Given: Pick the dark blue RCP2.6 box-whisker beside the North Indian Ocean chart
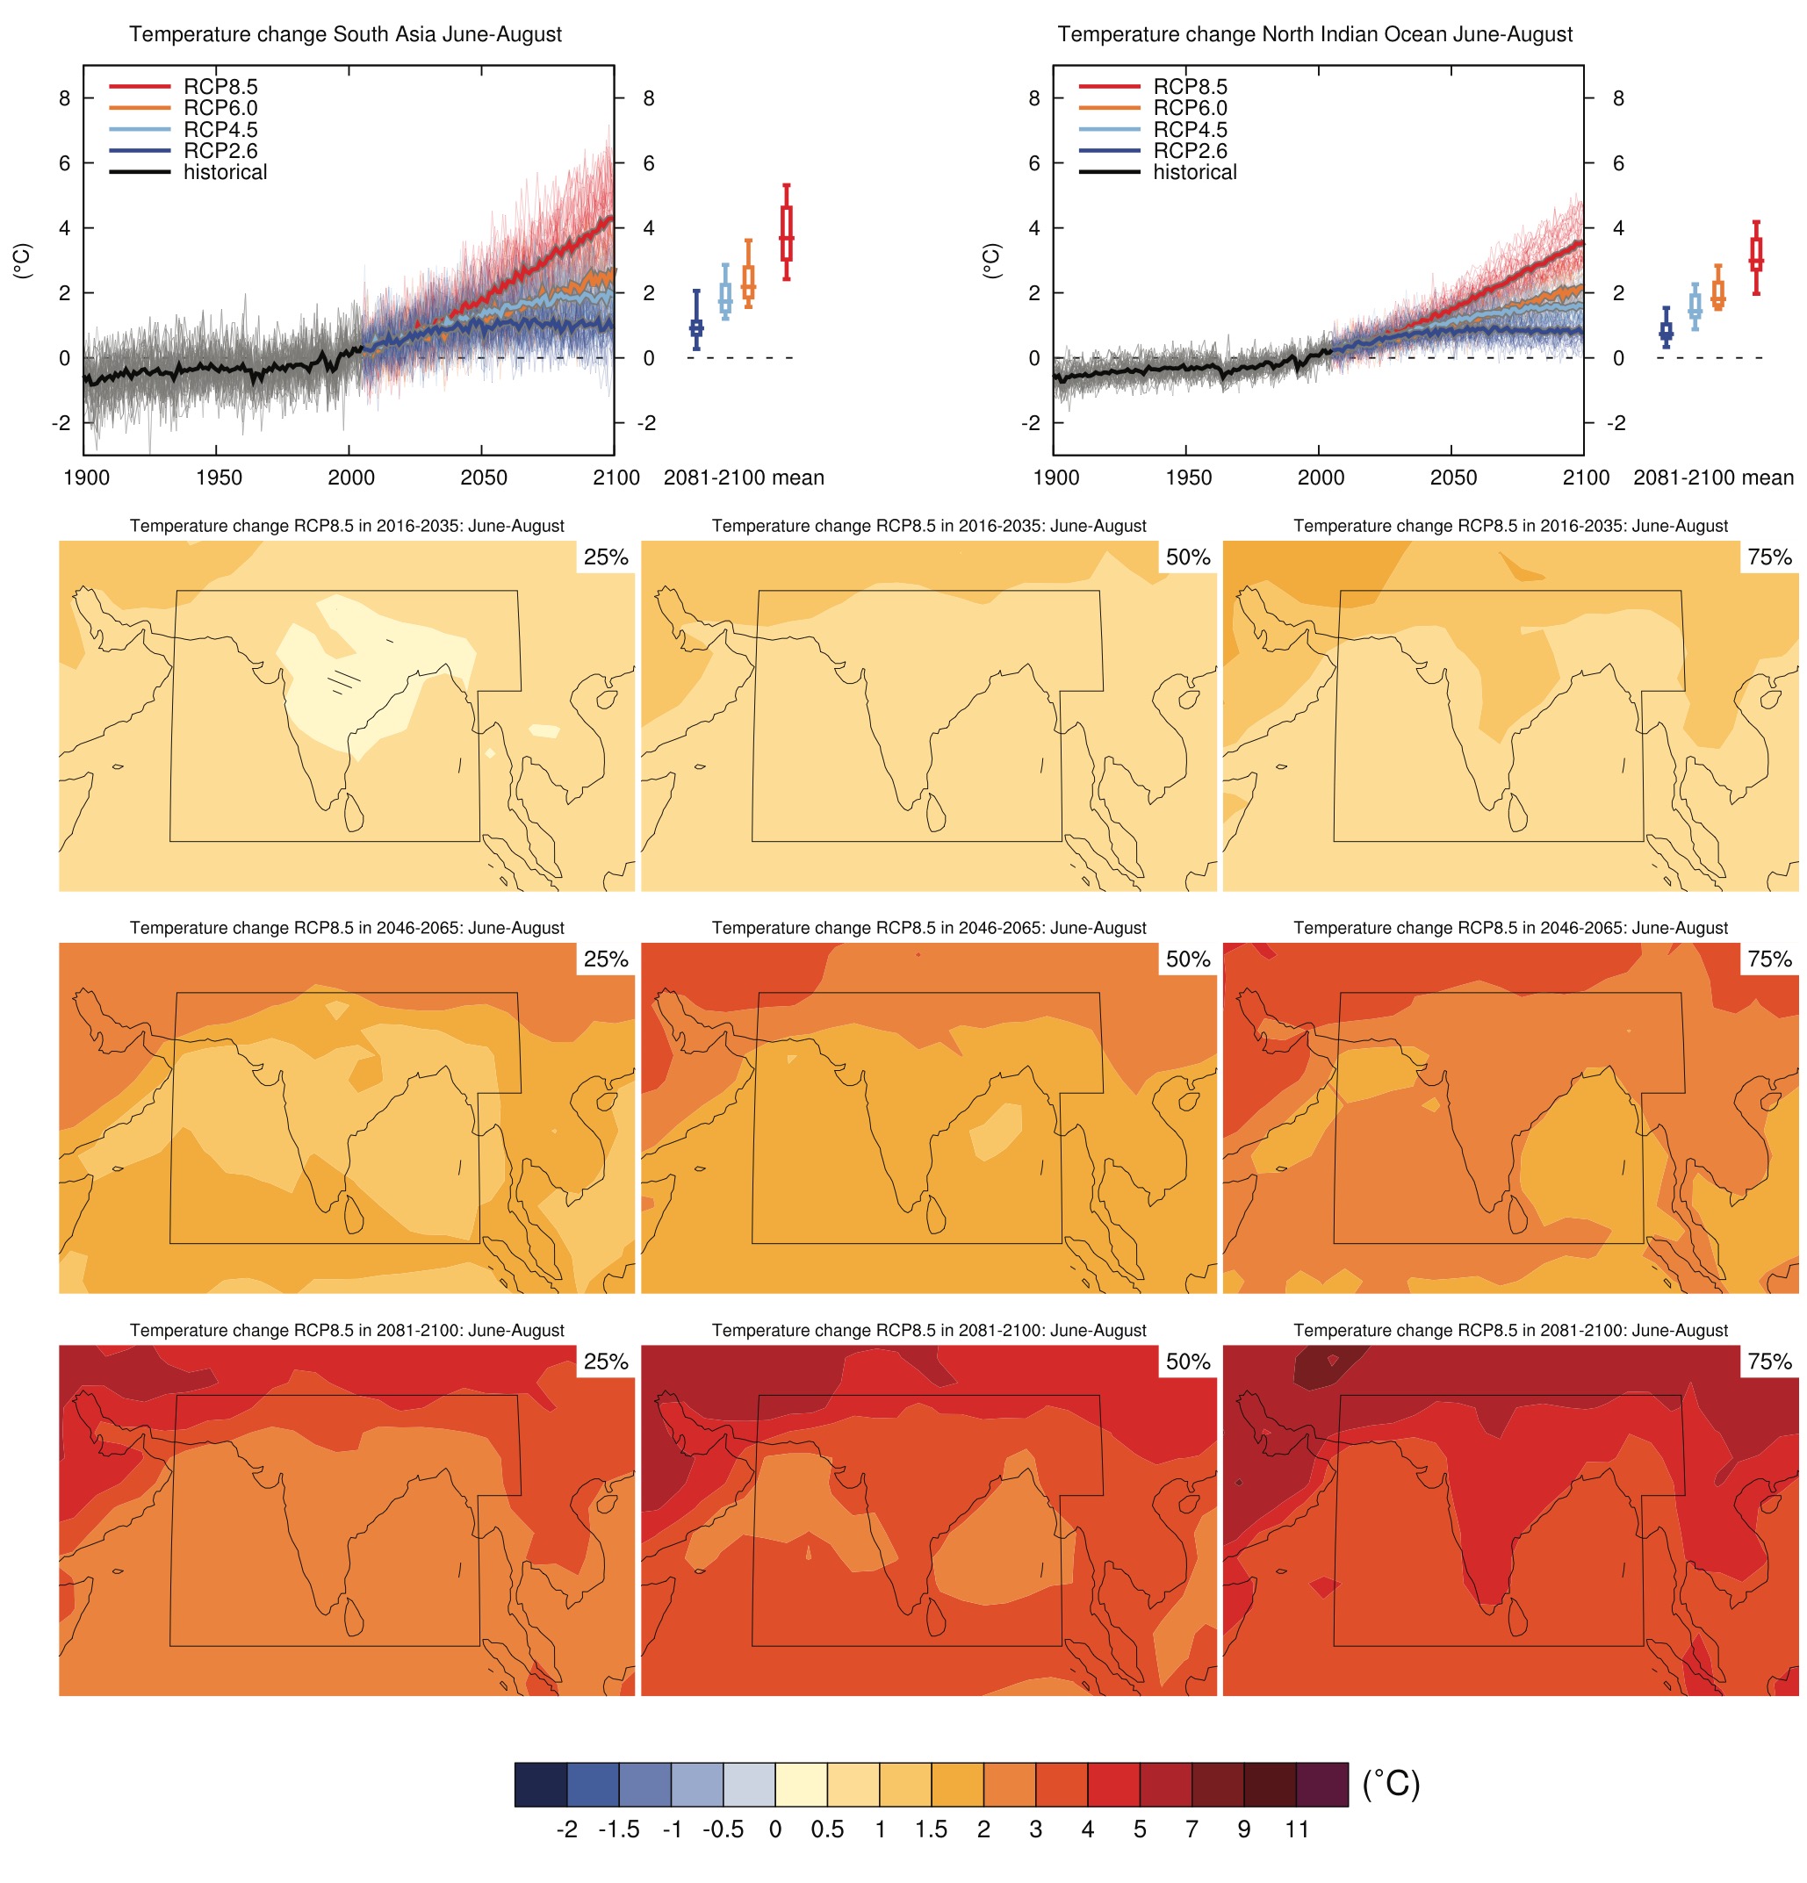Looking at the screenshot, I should click(1665, 329).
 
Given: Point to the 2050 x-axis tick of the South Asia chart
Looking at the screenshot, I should click(483, 478).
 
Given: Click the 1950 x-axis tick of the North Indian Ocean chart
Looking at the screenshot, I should click(1188, 478).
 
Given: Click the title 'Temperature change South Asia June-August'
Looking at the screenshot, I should click(345, 34).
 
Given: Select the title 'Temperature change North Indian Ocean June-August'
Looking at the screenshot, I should click(1314, 34).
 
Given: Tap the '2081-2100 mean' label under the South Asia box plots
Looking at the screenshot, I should click(744, 478).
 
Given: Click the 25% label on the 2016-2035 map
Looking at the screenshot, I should click(605, 557).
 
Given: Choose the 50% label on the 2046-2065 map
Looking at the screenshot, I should click(1187, 959).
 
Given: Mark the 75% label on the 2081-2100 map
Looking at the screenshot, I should click(1769, 1362).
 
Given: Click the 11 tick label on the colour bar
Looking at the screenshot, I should click(1296, 1829).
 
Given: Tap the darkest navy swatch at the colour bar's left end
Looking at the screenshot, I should click(541, 1784).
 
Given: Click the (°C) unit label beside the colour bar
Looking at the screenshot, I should click(1390, 1783).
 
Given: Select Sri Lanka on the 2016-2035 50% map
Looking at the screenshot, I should click(936, 813).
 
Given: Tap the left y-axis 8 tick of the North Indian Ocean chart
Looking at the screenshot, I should click(1033, 98).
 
